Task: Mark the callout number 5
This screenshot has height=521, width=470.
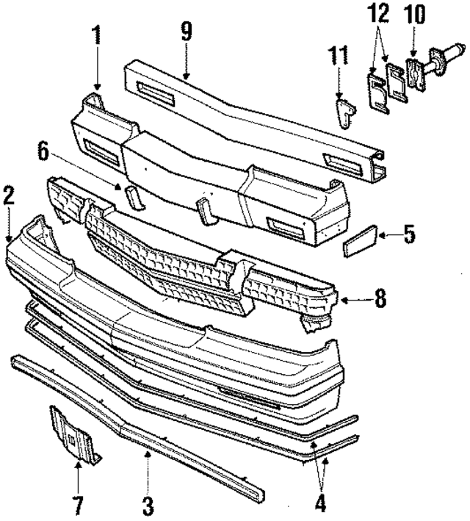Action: (408, 237)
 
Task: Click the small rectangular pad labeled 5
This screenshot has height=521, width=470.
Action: (360, 240)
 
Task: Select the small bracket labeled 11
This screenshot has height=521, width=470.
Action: (344, 112)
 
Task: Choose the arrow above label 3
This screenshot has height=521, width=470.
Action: (148, 470)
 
